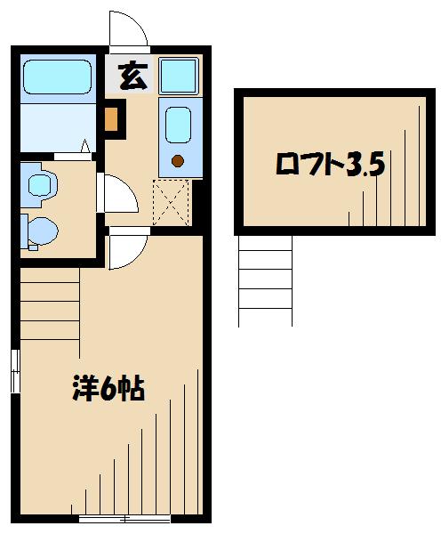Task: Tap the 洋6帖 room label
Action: pos(108,389)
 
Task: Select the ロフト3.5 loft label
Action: pos(330,165)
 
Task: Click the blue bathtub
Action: pos(56,78)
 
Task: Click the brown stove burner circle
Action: pos(177,161)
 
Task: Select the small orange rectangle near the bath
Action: pos(112,119)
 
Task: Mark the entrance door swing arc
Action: pos(130,28)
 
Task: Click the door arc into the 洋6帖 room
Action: pos(125,248)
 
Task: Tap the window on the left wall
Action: pos(14,371)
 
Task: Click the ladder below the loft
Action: pos(265,280)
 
